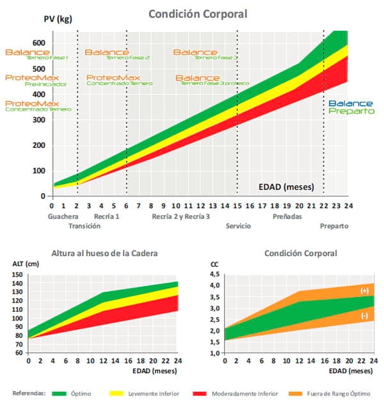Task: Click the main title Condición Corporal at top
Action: pos(198,13)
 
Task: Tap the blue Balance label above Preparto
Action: pos(351,103)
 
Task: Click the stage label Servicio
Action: pos(237,226)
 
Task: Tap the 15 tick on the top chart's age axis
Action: pos(237,205)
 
